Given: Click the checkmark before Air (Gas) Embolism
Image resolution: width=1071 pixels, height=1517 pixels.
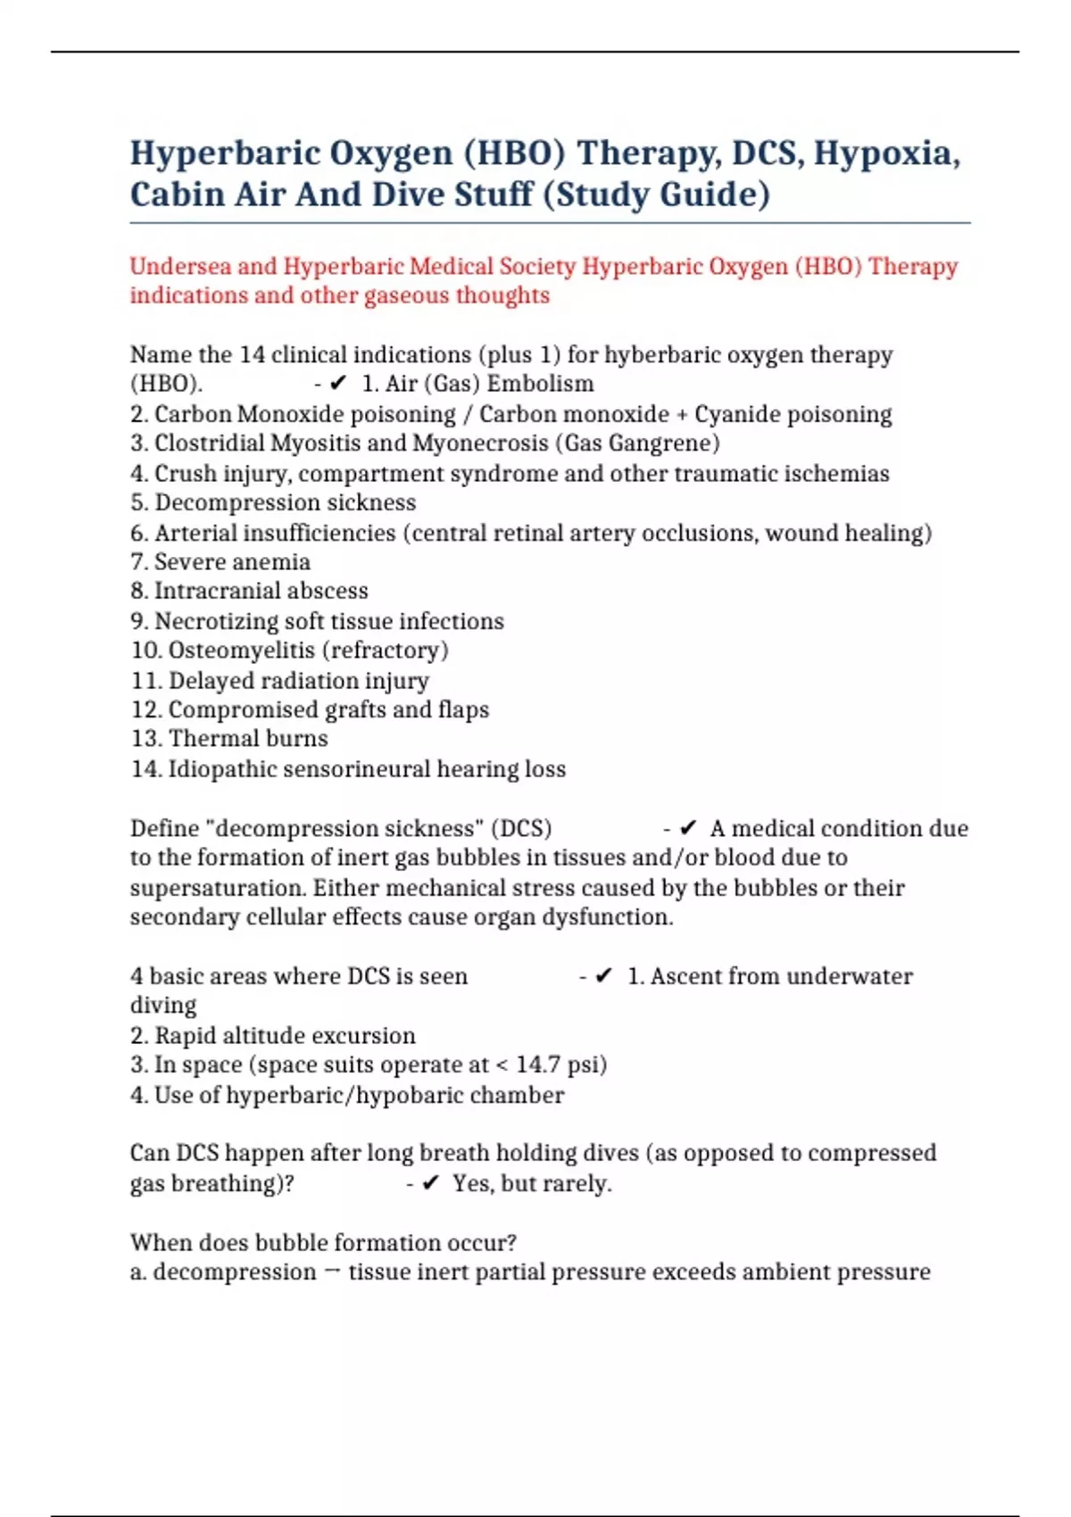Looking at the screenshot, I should tap(337, 384).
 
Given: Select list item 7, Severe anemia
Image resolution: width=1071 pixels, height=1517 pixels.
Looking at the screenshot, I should tap(220, 562).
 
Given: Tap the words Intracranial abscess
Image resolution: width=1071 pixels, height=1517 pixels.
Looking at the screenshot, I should tap(261, 591).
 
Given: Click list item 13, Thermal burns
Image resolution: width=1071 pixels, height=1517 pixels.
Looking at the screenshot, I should tap(229, 739).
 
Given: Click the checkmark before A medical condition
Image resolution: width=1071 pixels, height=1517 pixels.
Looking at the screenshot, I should tap(687, 829).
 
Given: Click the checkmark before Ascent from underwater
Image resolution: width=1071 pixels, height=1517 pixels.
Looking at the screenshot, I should tap(603, 976).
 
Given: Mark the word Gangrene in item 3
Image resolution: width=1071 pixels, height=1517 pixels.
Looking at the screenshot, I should tap(662, 443).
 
